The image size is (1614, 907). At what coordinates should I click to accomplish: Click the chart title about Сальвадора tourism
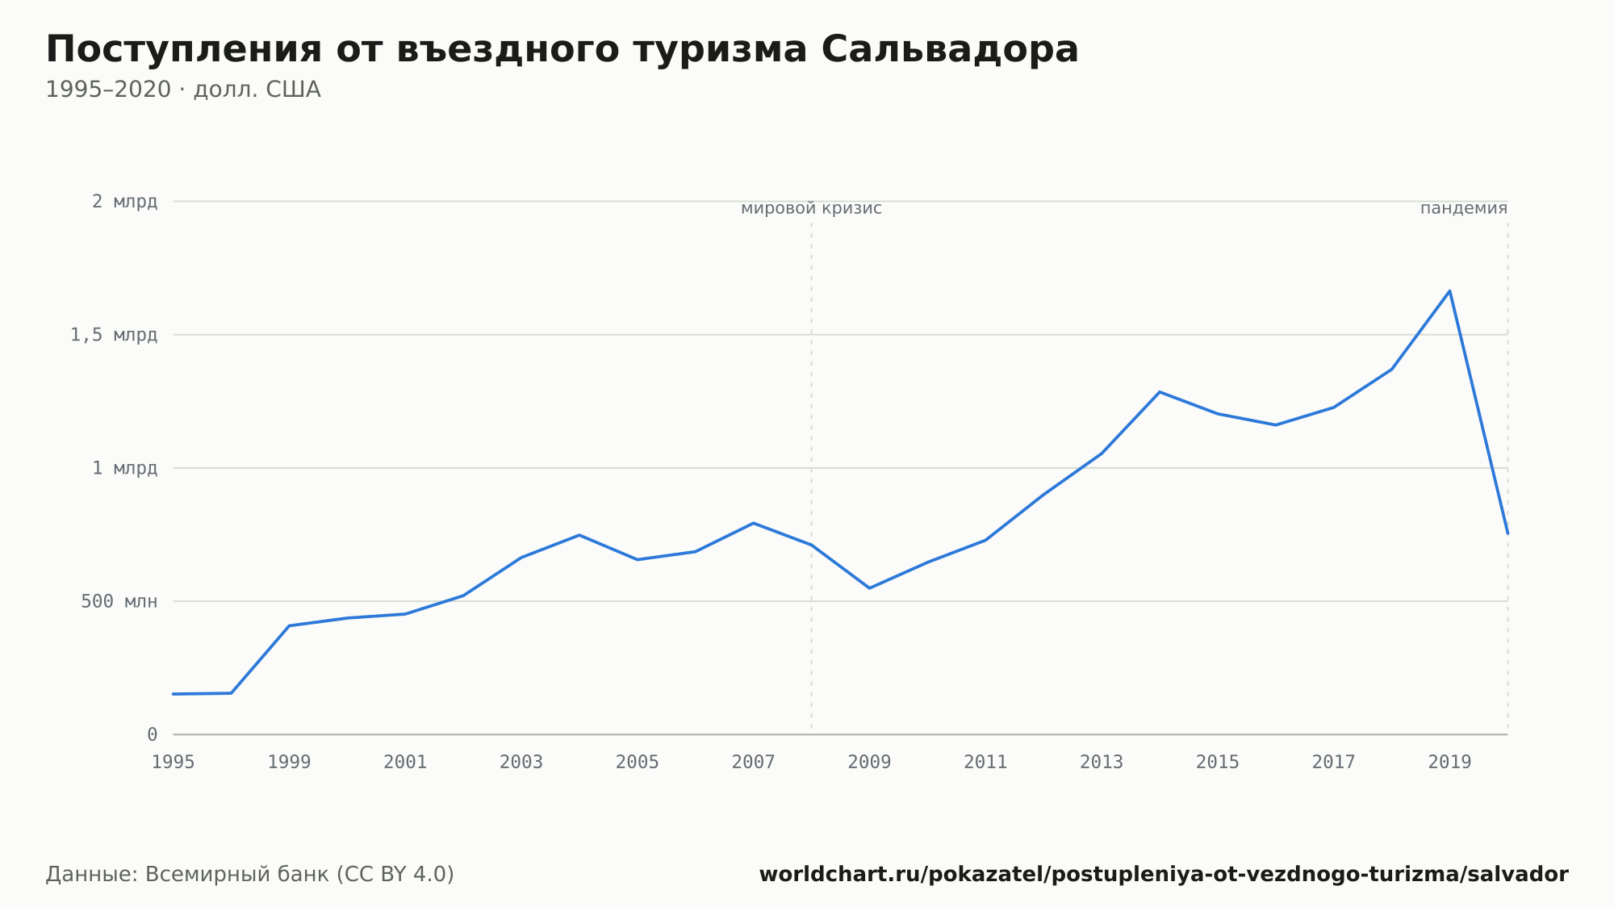(562, 50)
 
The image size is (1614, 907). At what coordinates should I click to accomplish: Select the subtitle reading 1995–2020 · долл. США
(183, 90)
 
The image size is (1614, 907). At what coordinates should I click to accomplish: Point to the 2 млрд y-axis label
(124, 202)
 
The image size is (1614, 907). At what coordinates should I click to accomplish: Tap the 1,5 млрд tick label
(114, 335)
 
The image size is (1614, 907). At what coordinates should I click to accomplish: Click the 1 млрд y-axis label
(124, 468)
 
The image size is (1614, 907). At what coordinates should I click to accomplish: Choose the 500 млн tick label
(119, 601)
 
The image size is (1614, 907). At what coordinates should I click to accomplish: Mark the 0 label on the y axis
(153, 735)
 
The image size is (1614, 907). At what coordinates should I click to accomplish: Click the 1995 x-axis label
(174, 763)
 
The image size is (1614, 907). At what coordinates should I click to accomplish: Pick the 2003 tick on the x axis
(521, 763)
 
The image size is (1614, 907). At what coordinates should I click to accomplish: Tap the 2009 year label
(869, 763)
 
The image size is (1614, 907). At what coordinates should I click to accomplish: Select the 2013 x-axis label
(1102, 763)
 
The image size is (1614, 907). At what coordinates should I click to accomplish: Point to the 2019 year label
(1449, 763)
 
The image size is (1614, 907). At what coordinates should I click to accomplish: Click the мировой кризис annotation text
(811, 209)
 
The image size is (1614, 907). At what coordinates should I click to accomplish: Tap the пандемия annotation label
(1464, 209)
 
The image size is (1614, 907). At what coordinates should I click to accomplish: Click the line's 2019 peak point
(1449, 290)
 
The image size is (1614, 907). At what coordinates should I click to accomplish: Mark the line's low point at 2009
(869, 588)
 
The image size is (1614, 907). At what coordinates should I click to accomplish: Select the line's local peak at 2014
(1160, 392)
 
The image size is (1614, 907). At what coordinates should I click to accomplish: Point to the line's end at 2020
(1507, 533)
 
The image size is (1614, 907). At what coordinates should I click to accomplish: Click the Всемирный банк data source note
(250, 875)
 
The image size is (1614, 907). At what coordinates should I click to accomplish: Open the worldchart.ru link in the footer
(1164, 875)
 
